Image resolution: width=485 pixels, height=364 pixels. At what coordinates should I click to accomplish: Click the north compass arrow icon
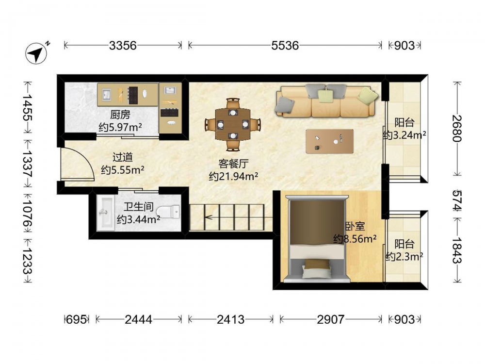click(x=36, y=53)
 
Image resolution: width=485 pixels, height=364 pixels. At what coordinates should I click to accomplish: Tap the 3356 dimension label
click(x=123, y=46)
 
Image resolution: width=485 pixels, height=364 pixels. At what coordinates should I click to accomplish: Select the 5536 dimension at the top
click(x=285, y=46)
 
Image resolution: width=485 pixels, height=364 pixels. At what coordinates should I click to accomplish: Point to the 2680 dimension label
click(x=457, y=128)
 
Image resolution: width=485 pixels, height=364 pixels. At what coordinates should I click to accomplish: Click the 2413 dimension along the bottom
click(x=230, y=319)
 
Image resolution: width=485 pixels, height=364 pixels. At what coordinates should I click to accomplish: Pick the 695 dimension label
click(x=77, y=319)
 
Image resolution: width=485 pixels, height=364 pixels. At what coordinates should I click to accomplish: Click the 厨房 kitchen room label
click(x=120, y=115)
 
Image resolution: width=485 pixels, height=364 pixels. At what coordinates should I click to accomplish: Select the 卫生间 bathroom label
click(x=139, y=207)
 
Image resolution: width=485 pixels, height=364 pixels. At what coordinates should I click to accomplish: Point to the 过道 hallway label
click(x=123, y=157)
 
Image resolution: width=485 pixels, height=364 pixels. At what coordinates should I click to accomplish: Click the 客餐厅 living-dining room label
click(x=234, y=164)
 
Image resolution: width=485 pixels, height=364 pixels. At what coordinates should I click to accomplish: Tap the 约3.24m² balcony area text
click(x=404, y=135)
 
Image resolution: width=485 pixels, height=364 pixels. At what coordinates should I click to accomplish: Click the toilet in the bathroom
click(x=168, y=212)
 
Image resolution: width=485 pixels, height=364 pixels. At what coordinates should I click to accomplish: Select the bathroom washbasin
click(x=105, y=213)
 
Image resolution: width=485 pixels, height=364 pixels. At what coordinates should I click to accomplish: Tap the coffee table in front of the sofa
click(x=329, y=141)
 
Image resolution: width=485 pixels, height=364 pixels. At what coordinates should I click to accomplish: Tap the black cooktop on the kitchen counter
click(x=133, y=95)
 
